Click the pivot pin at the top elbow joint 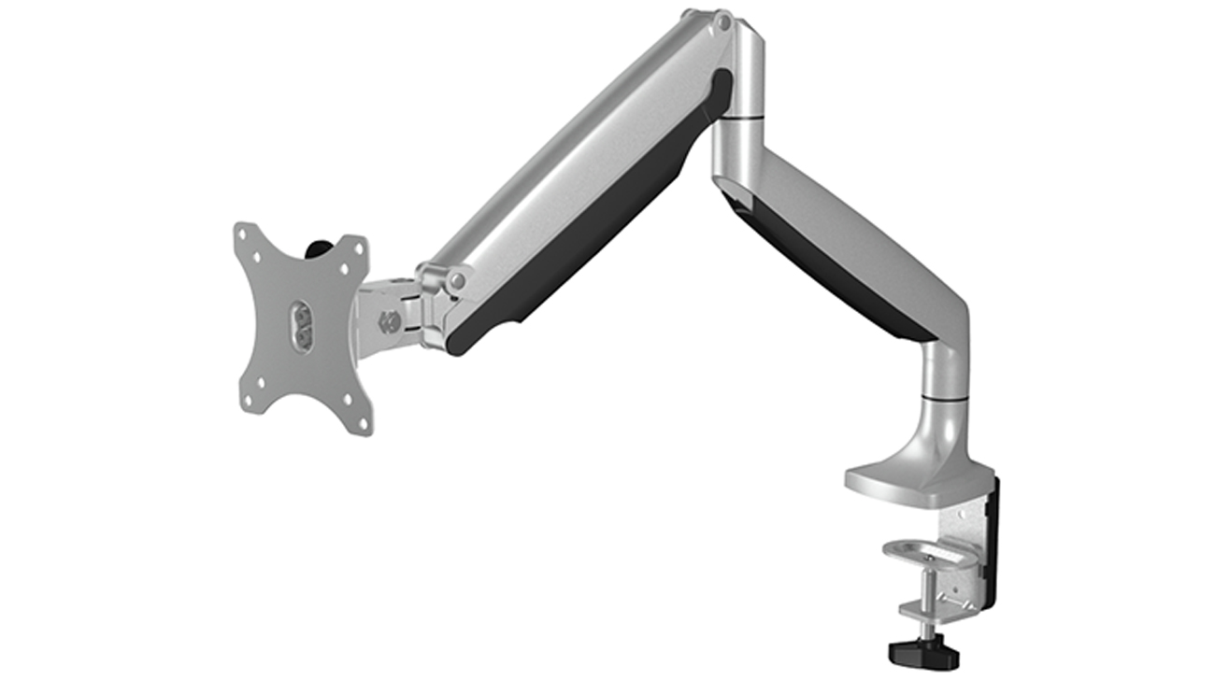pos(721,21)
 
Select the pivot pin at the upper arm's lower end pos(456,279)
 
